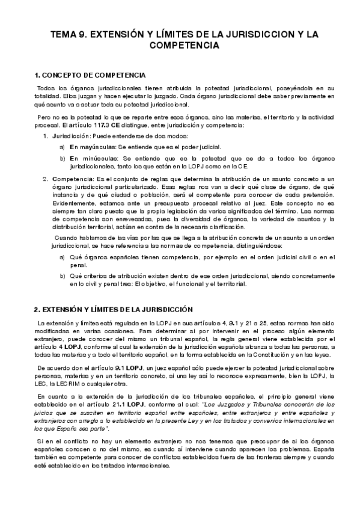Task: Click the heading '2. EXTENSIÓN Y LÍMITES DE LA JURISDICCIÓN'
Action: click(113, 309)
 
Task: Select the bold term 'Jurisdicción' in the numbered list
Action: click(72, 137)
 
